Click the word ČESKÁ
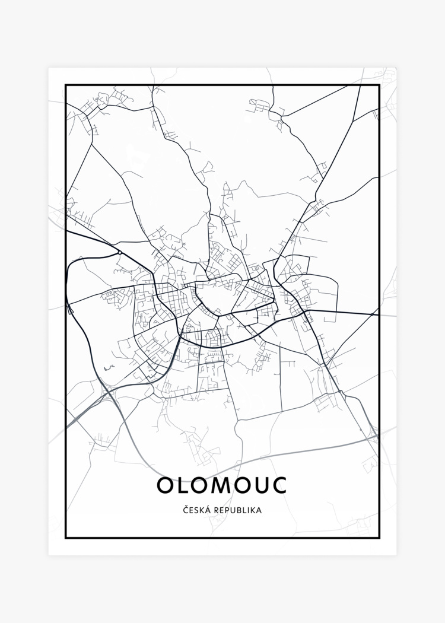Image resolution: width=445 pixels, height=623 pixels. click(x=196, y=510)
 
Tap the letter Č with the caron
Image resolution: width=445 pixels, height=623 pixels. click(x=186, y=510)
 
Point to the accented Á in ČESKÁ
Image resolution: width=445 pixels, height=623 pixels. click(x=207, y=510)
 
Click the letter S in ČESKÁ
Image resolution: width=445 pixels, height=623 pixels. click(x=196, y=510)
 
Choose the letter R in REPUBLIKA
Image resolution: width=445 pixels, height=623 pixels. click(x=216, y=510)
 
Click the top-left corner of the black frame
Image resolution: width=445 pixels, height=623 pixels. click(x=66, y=85)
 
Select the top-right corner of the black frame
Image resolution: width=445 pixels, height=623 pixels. click(x=379, y=85)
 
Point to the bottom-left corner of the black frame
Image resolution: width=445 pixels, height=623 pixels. click(x=66, y=538)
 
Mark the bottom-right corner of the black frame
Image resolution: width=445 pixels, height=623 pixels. click(x=379, y=538)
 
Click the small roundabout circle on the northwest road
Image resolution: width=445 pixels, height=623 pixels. click(x=120, y=253)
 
